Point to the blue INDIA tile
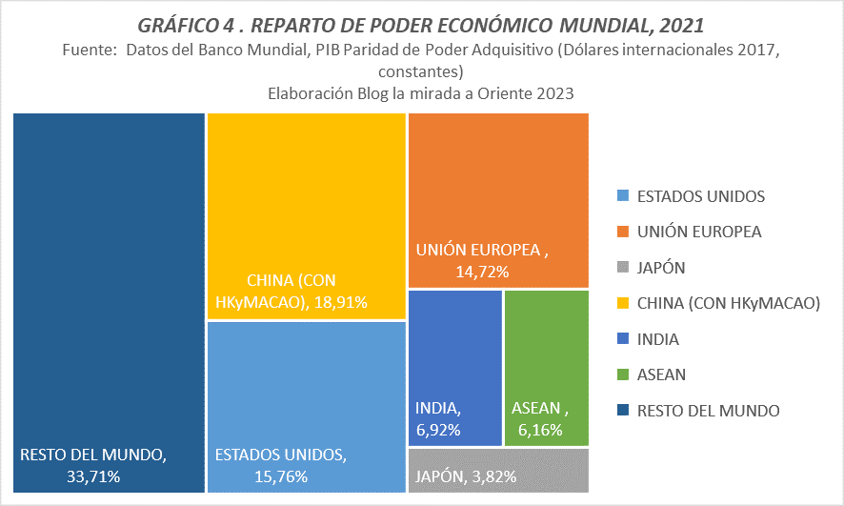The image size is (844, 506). pos(455,353)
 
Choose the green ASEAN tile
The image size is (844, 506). pos(546,353)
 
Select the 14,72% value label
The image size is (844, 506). pos(483,273)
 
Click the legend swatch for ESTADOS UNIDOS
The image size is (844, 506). pos(622,197)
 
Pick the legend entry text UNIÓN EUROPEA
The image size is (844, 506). pos(699,233)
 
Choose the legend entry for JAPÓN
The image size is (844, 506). pos(661,268)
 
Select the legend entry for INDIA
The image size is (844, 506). pos(658,339)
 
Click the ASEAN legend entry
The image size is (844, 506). pos(661,375)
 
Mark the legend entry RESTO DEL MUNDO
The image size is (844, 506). pos(708,411)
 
